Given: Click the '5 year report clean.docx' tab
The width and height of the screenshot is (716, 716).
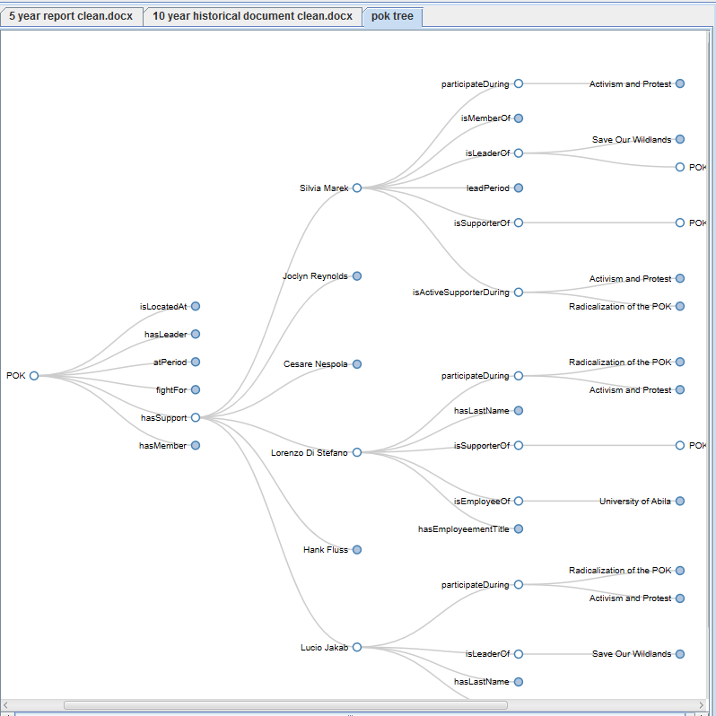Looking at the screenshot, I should point(71,16).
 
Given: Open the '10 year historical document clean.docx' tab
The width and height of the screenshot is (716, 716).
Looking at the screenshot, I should point(252,16).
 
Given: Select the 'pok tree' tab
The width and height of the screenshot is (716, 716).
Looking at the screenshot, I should point(392,16).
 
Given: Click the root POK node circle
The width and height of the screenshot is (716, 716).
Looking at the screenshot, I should point(34,376).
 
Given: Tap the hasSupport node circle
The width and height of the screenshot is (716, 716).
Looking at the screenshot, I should point(196,418).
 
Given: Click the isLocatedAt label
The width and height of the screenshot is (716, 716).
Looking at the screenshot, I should point(163,307).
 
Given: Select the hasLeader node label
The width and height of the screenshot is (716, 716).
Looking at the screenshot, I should point(166,335).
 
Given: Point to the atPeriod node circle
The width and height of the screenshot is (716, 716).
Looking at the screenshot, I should point(196,362).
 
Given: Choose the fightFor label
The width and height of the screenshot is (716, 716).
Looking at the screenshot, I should point(171,390).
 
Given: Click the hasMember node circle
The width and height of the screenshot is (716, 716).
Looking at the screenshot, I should point(196,446).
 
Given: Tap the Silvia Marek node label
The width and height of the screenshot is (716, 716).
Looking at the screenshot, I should point(324,188).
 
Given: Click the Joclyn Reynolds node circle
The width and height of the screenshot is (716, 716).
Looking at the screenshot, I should point(357,276).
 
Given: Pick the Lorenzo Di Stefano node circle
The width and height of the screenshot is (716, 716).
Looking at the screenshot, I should point(357,453).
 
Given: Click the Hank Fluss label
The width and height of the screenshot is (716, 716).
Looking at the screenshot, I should point(326,550).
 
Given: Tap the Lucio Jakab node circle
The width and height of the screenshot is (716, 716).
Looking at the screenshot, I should point(357,647).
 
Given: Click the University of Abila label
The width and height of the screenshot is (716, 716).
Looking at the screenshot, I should point(635,502).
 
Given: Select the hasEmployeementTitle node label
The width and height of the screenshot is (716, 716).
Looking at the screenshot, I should point(463,529).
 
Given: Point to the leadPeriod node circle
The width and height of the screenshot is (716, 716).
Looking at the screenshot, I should point(519,188).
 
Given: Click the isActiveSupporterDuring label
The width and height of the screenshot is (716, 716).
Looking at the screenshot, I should point(460,293).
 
